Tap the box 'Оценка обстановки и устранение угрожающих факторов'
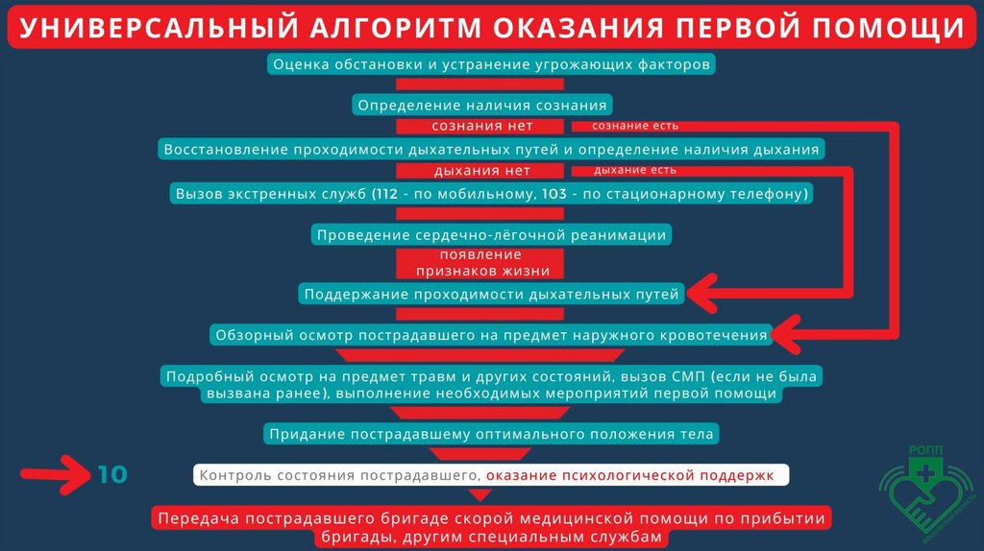point(492,65)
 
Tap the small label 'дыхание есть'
point(634,170)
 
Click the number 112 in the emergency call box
point(389,194)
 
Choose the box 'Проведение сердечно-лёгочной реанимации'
point(491,234)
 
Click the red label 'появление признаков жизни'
point(480,263)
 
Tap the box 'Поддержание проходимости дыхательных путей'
point(491,294)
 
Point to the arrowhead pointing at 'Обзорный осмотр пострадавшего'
point(788,335)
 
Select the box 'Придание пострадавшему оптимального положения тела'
point(491,434)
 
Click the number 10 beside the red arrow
point(111,474)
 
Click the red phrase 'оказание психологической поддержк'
point(634,475)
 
